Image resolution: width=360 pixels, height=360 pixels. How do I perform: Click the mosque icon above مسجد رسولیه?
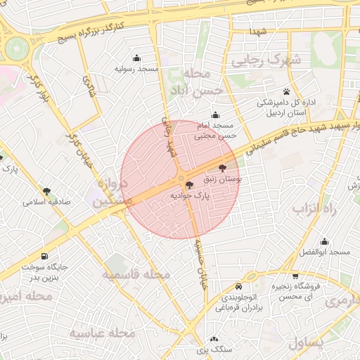(x=136, y=58)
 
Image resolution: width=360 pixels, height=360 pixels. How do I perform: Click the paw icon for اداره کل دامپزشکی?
(x=286, y=91)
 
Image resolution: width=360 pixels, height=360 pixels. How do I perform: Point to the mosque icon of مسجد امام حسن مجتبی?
(x=215, y=115)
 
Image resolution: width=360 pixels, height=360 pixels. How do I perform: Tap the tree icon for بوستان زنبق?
(x=224, y=168)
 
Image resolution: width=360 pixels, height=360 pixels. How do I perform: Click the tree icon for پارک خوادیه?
(x=189, y=184)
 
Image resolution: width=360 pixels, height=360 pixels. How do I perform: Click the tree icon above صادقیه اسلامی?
(x=47, y=191)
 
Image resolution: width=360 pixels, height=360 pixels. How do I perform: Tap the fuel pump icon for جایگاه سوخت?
(x=46, y=257)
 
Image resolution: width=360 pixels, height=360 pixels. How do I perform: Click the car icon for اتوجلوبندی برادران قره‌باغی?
(x=239, y=287)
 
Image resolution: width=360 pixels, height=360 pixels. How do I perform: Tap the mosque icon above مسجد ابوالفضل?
(x=324, y=241)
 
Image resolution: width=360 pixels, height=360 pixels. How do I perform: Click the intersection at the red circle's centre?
(x=181, y=179)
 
